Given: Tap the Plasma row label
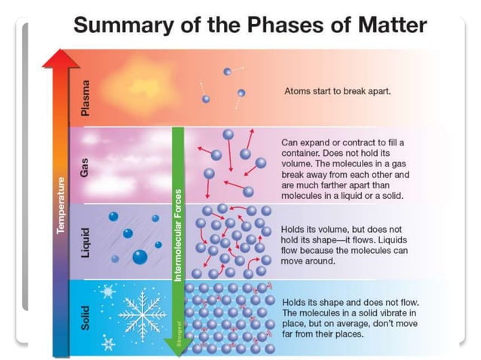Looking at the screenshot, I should coord(85,98).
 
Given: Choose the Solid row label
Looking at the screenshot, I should coord(85,316).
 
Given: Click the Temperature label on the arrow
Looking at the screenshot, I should coord(61,206).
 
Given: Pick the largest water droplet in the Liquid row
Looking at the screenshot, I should coord(139,257).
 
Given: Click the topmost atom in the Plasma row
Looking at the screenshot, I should coord(227,72).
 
